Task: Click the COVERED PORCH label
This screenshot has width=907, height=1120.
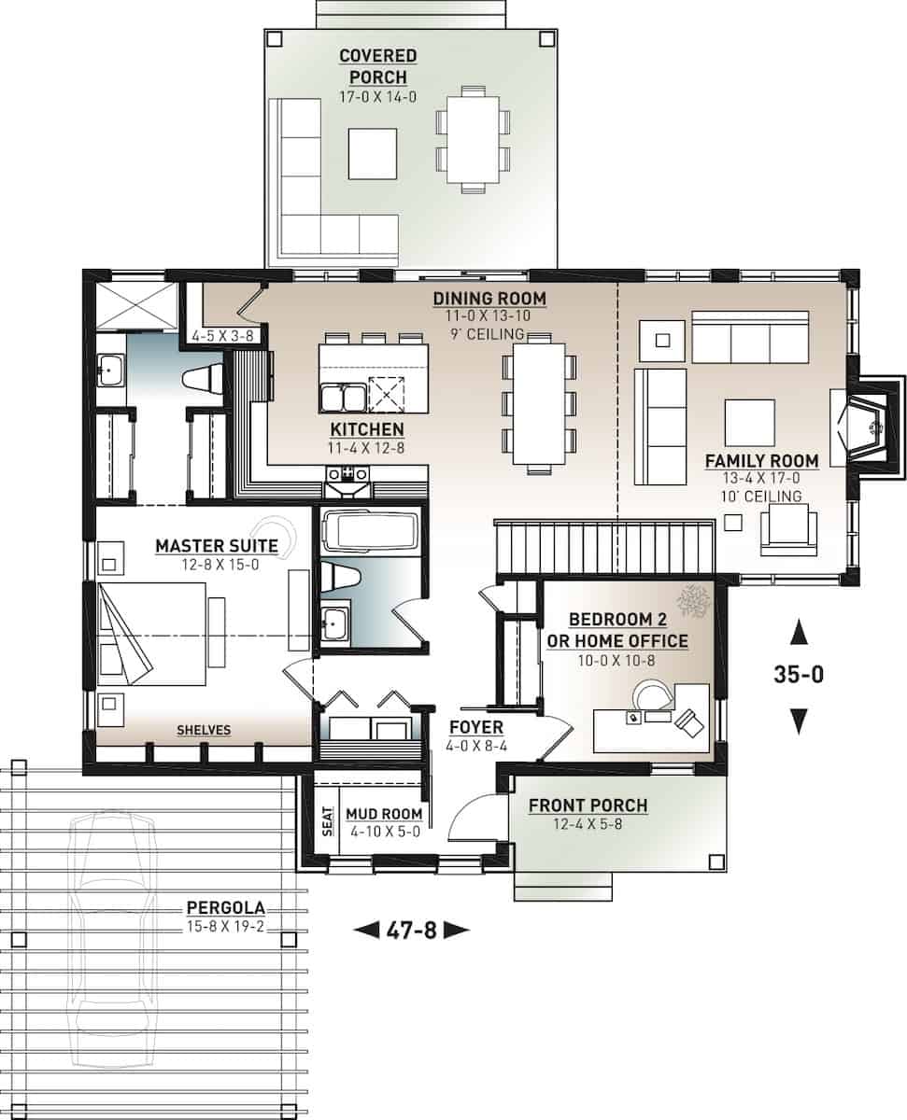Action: coord(377,67)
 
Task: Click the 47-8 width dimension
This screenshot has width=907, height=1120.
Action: coord(411,930)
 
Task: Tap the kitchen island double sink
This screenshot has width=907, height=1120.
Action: coord(342,399)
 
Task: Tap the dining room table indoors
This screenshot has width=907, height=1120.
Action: coord(538,404)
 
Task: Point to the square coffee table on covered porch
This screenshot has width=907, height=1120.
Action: coord(372,153)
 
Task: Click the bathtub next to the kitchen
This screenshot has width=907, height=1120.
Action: coord(371,533)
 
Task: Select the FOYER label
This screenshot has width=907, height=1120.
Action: coord(475,727)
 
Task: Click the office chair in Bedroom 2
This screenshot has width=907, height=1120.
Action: coord(690,722)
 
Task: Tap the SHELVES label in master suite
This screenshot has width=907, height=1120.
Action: coord(204,730)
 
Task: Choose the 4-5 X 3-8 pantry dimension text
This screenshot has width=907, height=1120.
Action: coord(216,334)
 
